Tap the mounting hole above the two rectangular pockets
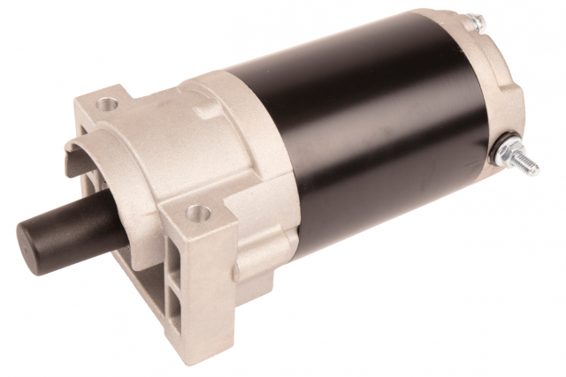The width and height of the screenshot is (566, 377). coord(200,212)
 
